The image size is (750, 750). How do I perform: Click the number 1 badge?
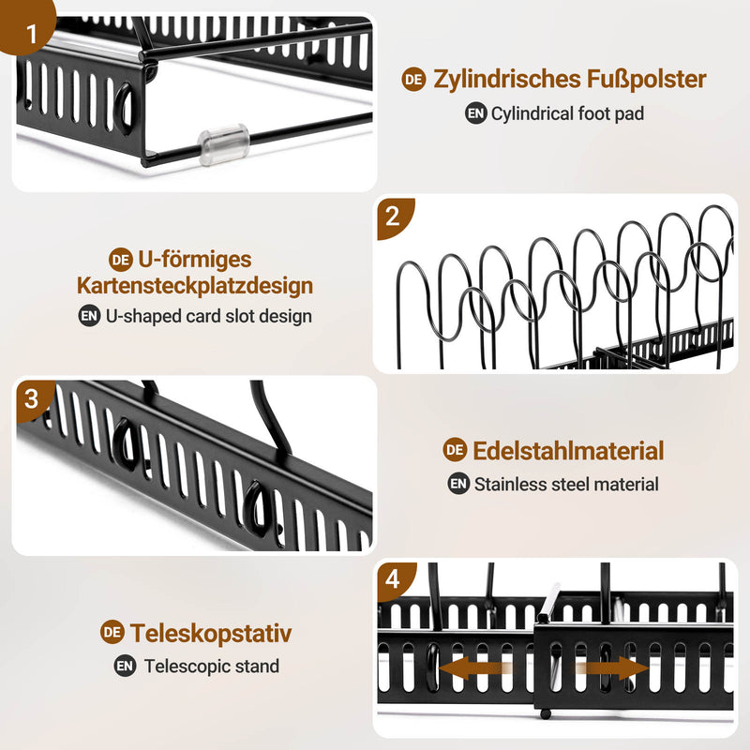pos(32,36)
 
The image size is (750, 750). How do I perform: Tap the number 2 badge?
pos(393,217)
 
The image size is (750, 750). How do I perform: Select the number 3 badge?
pos(32,398)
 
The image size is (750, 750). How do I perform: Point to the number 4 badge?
pos(393,580)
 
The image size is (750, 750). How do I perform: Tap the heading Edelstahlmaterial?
pos(567,450)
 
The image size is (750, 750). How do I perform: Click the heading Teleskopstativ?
pos(211,633)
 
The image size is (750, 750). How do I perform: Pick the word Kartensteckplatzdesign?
pos(195,285)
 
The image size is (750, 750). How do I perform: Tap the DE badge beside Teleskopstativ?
pos(112,633)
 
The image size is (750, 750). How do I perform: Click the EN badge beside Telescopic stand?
pos(125,667)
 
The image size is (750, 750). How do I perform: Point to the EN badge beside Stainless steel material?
pos(457,485)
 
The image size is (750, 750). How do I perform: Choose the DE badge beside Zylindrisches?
pos(413,80)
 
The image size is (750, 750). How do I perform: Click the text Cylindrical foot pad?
pos(567,114)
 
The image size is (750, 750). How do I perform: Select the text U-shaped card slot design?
pos(208,316)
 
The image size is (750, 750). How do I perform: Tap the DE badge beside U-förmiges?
pos(120,260)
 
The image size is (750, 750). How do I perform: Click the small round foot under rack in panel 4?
pos(545,714)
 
